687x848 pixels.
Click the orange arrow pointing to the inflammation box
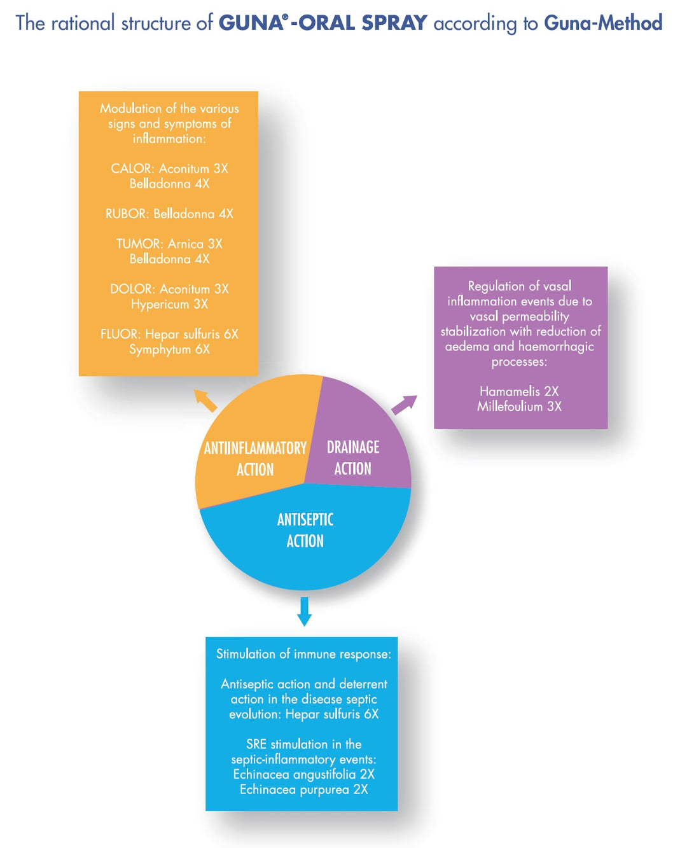click(205, 400)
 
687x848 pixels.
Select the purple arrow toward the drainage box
click(405, 405)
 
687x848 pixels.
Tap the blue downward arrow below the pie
click(305, 611)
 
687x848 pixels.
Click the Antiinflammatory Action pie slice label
click(255, 459)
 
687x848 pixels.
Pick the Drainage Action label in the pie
click(353, 457)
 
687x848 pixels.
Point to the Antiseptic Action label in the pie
click(305, 530)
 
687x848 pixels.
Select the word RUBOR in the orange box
click(126, 214)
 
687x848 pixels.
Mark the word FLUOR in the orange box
click(120, 334)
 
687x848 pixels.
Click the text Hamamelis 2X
click(519, 391)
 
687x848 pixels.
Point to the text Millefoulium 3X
click(519, 407)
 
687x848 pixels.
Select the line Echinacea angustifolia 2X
click(303, 774)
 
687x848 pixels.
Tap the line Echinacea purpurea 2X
click(303, 789)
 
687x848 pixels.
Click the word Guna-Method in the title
click(603, 23)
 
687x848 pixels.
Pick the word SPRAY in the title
click(394, 23)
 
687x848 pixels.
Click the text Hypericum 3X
click(169, 304)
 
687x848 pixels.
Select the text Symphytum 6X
click(169, 349)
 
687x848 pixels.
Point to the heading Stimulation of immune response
click(303, 654)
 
